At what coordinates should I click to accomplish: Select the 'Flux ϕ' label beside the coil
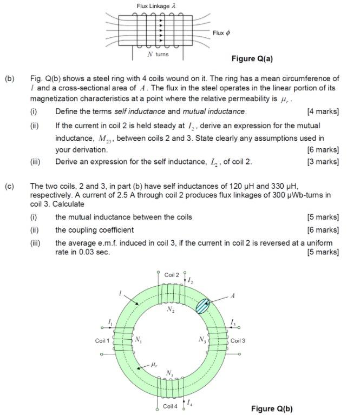(221, 33)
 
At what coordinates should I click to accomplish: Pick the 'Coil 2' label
(172, 275)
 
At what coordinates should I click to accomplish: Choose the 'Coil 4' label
(172, 406)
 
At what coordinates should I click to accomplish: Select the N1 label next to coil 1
(138, 340)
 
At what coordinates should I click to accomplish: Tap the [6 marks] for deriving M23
(323, 149)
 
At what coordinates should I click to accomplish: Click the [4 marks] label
(323, 111)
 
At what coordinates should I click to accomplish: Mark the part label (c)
(10, 186)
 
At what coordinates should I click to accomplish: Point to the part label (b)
(10, 79)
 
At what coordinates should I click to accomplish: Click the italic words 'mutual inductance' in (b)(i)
(216, 111)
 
